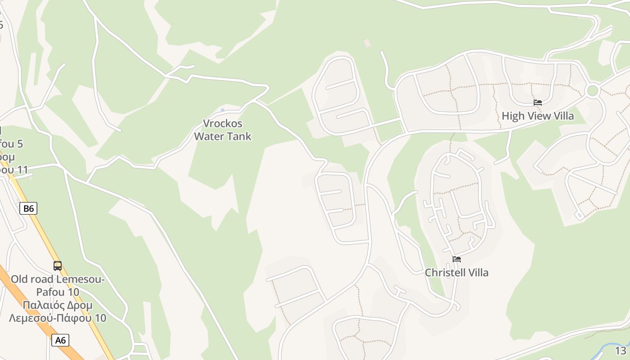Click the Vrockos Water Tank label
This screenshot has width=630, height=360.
223,130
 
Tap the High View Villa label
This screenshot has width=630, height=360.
538,116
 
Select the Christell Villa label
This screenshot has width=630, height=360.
457,273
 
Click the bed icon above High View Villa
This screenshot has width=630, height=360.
538,103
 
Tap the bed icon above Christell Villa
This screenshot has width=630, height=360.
457,259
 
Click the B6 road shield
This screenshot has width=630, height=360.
28,208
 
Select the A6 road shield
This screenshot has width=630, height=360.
60,340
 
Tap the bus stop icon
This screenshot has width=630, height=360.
58,266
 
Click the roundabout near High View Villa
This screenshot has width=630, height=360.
593,91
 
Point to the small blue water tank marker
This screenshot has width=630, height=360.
223,110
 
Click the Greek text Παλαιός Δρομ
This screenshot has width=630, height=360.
58,305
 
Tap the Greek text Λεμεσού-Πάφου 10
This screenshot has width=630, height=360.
58,318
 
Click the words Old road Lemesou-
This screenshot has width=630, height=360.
58,279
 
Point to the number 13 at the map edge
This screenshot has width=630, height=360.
621,351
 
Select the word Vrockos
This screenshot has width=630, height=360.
223,123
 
